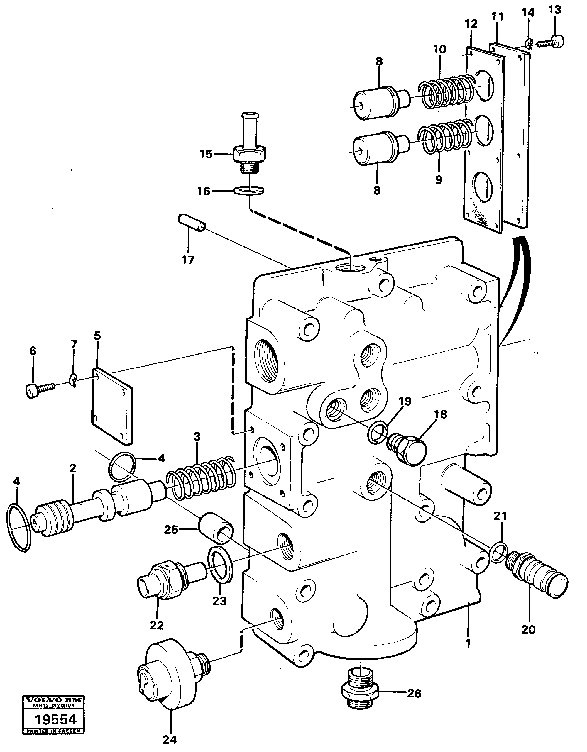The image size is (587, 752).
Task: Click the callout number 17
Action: click(x=188, y=260)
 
